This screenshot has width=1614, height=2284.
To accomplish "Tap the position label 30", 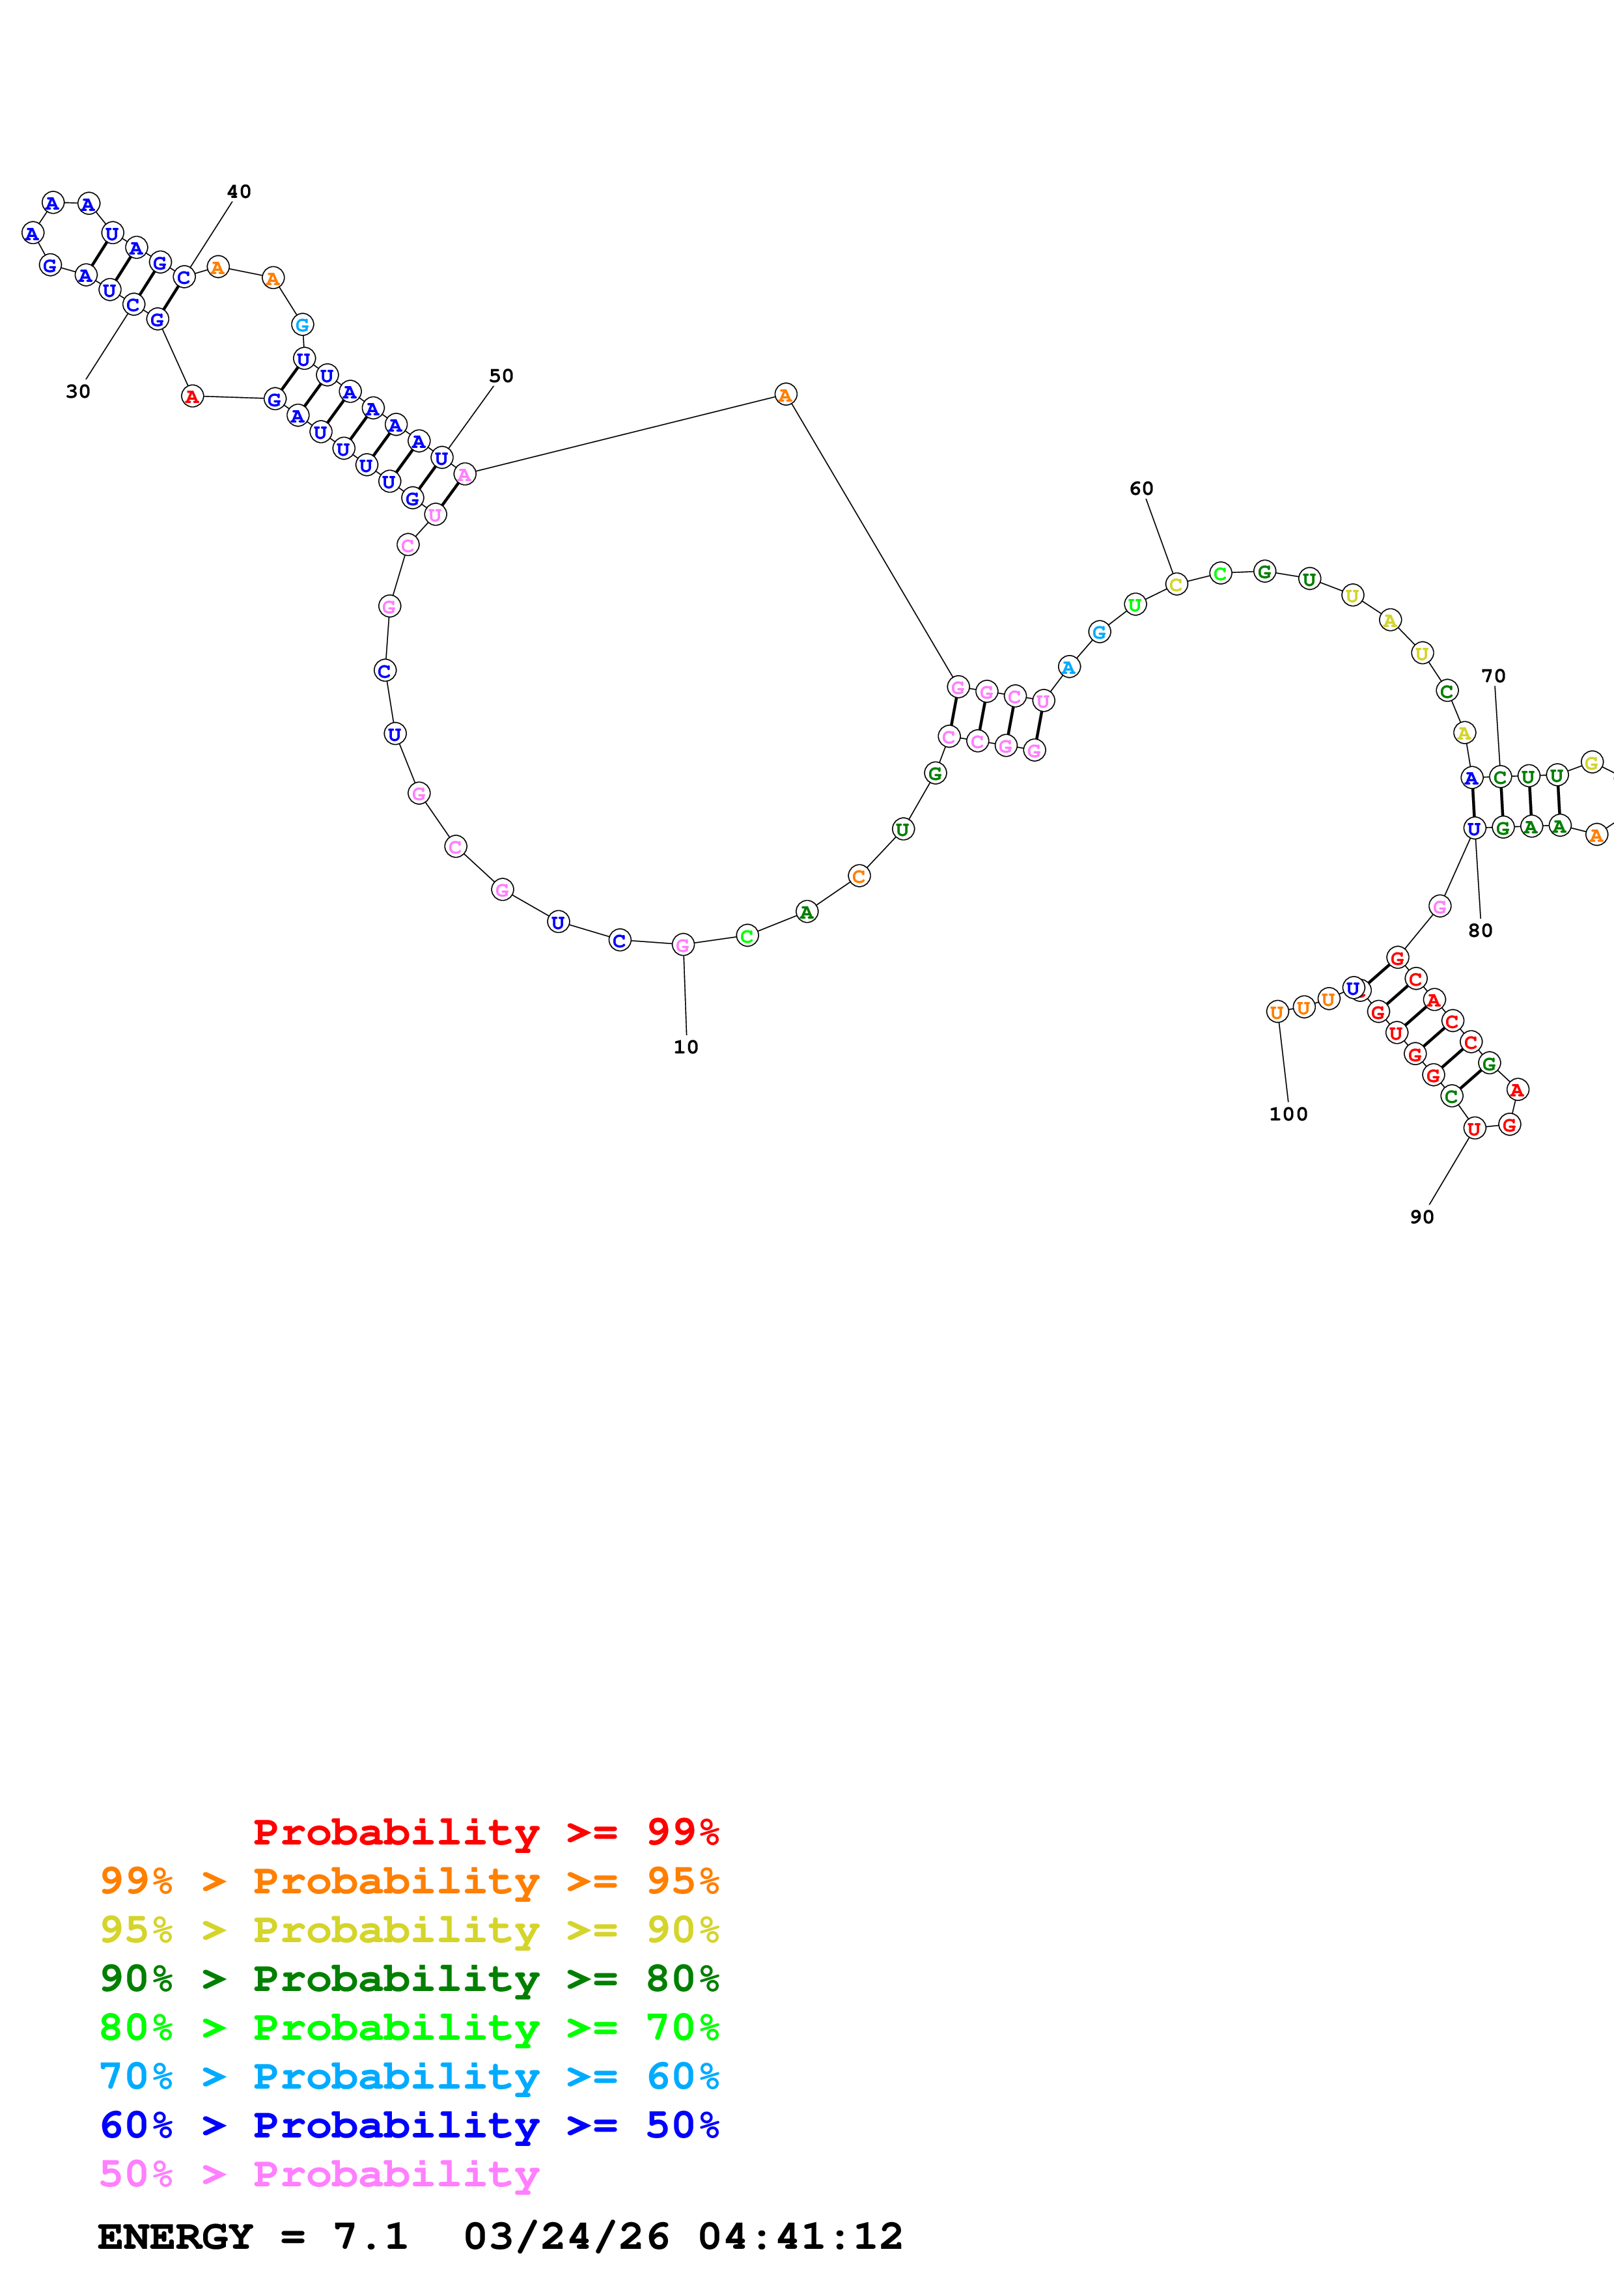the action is (x=77, y=391).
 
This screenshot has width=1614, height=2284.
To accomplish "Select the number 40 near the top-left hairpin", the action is (x=239, y=191).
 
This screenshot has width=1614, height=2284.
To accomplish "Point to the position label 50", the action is (x=501, y=375).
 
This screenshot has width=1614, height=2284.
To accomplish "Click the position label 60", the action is (x=1141, y=488).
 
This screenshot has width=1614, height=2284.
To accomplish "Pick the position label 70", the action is (x=1493, y=675).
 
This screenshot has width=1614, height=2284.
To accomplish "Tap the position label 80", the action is (x=1480, y=930).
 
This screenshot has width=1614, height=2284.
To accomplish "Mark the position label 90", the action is (x=1421, y=1217).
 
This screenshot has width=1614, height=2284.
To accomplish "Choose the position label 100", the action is (x=1288, y=1114).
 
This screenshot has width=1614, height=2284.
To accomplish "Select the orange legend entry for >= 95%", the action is (x=410, y=1881).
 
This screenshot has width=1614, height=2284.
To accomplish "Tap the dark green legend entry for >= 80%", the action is (x=410, y=1979).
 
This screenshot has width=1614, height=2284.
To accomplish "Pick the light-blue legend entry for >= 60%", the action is (x=410, y=2076).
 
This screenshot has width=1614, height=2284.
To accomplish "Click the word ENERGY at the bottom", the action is (x=175, y=2236).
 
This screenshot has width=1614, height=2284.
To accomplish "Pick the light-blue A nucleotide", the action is (x=1068, y=667).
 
